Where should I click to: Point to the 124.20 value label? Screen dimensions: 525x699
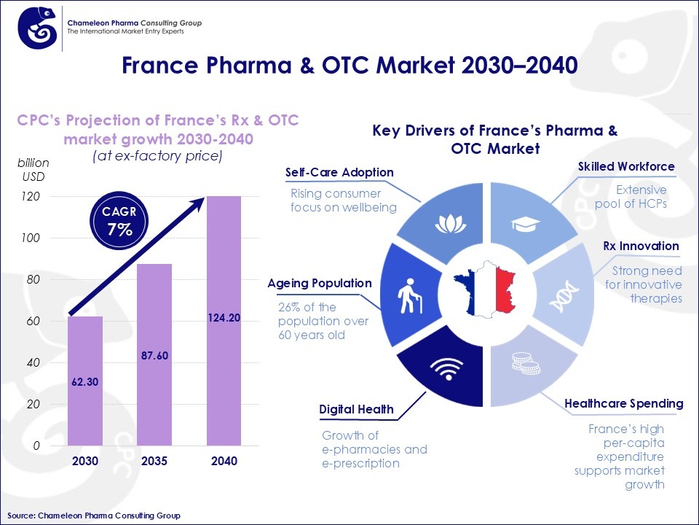[x=224, y=318]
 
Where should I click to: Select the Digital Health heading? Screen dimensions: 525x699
[x=357, y=410]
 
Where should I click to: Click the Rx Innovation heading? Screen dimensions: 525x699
[x=641, y=246]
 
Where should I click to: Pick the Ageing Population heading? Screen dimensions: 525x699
[x=320, y=283]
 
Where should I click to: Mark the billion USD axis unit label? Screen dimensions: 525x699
[x=33, y=168]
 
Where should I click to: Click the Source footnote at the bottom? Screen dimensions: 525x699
[x=94, y=516]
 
